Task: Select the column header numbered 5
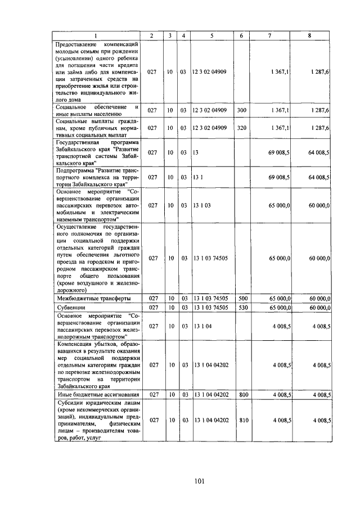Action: [x=211, y=36]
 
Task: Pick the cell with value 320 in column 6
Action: [x=241, y=128]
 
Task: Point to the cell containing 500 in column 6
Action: [x=241, y=298]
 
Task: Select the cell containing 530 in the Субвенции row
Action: [x=241, y=308]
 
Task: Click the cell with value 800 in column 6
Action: [x=241, y=395]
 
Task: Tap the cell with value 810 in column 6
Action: [x=241, y=420]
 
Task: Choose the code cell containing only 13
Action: [x=196, y=152]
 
